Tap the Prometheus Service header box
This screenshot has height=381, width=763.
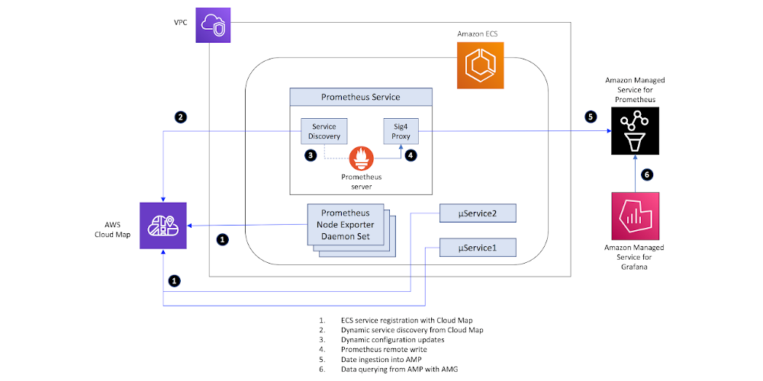[x=361, y=97]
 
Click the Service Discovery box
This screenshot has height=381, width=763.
[x=324, y=131]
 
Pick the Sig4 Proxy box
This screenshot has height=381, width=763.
[x=401, y=131]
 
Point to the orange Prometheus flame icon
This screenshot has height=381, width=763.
[x=362, y=158]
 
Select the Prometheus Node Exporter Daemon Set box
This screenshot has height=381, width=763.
[x=346, y=225]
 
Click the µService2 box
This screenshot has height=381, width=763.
[x=478, y=213]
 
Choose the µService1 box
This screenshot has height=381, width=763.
[x=478, y=248]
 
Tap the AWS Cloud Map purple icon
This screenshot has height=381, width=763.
[x=163, y=226]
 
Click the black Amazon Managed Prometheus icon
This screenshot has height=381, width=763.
[x=635, y=131]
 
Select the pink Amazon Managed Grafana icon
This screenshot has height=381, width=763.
[x=635, y=216]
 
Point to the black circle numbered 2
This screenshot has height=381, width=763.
[x=181, y=117]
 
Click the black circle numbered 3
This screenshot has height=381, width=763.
[x=310, y=155]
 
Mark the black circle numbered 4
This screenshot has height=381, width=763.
[x=412, y=155]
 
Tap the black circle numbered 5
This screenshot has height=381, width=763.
[x=591, y=117]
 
